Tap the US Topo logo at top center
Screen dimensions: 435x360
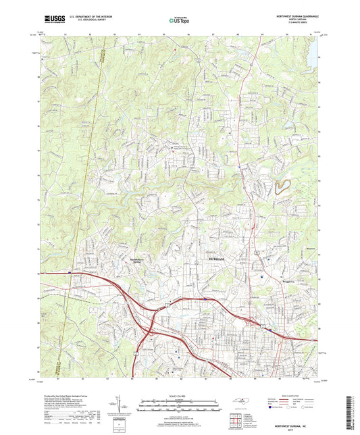pos(179,21)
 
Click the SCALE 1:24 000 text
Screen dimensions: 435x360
pos(180,395)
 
